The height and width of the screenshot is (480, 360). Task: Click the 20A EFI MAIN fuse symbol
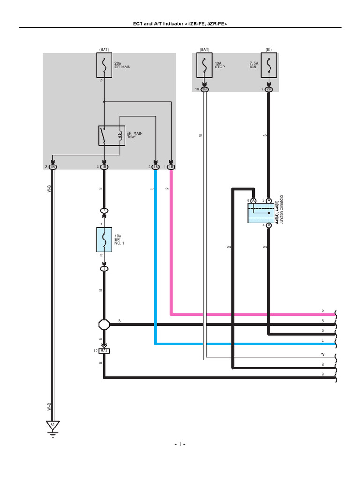pos(104,65)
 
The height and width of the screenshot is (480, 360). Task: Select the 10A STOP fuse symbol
pos(205,65)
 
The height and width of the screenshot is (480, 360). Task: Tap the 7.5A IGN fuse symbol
pos(269,65)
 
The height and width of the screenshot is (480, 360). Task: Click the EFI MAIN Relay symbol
pos(112,135)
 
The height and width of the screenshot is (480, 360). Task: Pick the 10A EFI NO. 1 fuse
pos(104,240)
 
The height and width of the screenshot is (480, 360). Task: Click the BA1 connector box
pos(104,351)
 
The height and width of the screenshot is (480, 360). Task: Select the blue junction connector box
pos(261,213)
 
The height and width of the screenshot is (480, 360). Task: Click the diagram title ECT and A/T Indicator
pos(180,24)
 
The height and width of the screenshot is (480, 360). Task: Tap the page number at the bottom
pos(180,444)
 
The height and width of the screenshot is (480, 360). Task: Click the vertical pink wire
pos(172,244)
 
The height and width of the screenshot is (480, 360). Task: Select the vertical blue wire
pos(155,258)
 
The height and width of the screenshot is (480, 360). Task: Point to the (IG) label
pos(269,49)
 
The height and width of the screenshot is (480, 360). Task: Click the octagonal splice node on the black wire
pos(104,324)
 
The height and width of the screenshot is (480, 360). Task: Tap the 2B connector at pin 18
pos(205,89)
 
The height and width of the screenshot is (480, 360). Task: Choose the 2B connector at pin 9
pos(269,89)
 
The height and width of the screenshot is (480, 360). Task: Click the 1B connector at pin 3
pos(52,167)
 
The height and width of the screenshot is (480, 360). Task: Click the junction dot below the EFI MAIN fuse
pos(104,101)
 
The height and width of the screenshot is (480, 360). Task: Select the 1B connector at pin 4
pos(104,167)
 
